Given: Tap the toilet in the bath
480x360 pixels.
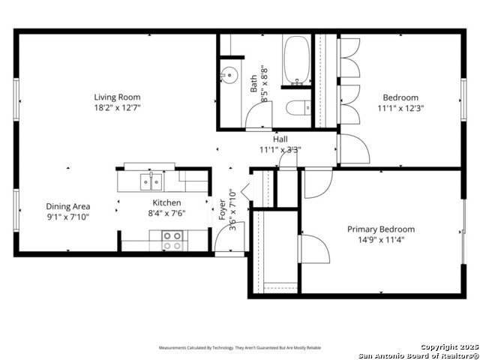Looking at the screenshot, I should (298, 108).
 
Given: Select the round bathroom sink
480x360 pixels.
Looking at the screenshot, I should (229, 75).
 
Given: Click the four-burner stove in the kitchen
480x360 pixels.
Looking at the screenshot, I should (172, 240).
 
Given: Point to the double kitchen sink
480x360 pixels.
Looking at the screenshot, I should (151, 181).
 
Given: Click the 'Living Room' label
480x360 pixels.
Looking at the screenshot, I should (117, 97).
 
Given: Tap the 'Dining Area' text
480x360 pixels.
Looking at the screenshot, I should (68, 206).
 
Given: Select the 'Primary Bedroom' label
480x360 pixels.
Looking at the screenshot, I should (380, 229).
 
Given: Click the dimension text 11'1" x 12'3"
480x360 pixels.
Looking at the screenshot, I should (400, 108).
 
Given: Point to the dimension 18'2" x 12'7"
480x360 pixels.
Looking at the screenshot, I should (117, 108).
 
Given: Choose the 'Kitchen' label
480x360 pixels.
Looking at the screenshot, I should (166, 202).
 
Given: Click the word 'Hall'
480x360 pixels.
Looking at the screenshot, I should (280, 139).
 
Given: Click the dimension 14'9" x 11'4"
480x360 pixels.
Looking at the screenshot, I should (380, 241).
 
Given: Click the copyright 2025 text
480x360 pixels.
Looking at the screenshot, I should (448, 347).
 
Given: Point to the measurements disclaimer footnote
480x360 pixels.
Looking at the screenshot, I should (239, 348).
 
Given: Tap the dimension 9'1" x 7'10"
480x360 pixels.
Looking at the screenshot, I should (68, 217).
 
